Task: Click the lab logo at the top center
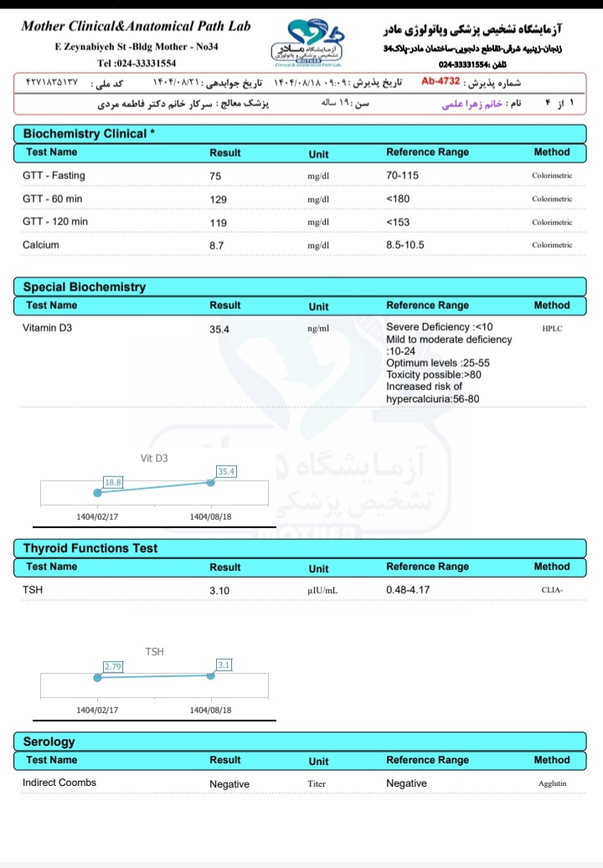point(307,44)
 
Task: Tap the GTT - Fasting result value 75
point(216,176)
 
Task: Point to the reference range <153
point(398,222)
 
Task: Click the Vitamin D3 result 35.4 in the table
point(219,329)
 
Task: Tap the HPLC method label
point(552,329)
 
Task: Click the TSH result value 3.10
point(219,591)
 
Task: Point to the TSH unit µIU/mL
point(322,591)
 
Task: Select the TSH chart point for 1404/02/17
point(97,676)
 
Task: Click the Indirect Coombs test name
point(59,783)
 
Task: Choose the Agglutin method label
point(552,784)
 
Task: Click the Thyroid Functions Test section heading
point(90,548)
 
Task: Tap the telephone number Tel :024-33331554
point(137,63)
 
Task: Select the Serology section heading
point(49,742)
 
